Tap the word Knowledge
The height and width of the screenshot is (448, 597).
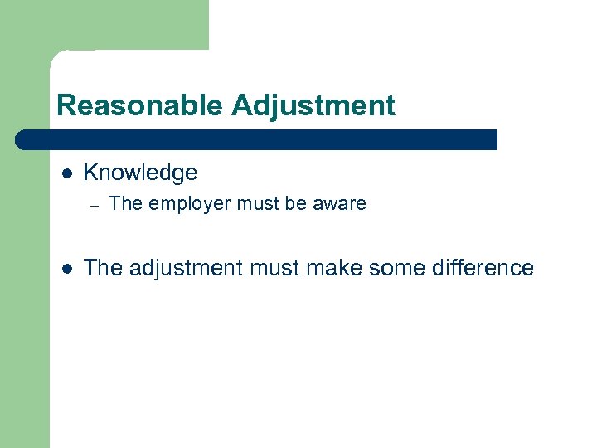140,173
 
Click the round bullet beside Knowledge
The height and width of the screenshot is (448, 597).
68,173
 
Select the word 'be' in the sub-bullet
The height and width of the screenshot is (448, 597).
298,204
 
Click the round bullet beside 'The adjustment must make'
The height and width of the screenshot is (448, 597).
68,269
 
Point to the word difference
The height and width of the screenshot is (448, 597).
481,268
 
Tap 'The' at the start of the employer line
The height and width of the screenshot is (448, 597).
124,204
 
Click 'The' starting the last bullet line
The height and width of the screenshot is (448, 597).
103,268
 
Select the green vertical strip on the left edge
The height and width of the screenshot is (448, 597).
25,315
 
